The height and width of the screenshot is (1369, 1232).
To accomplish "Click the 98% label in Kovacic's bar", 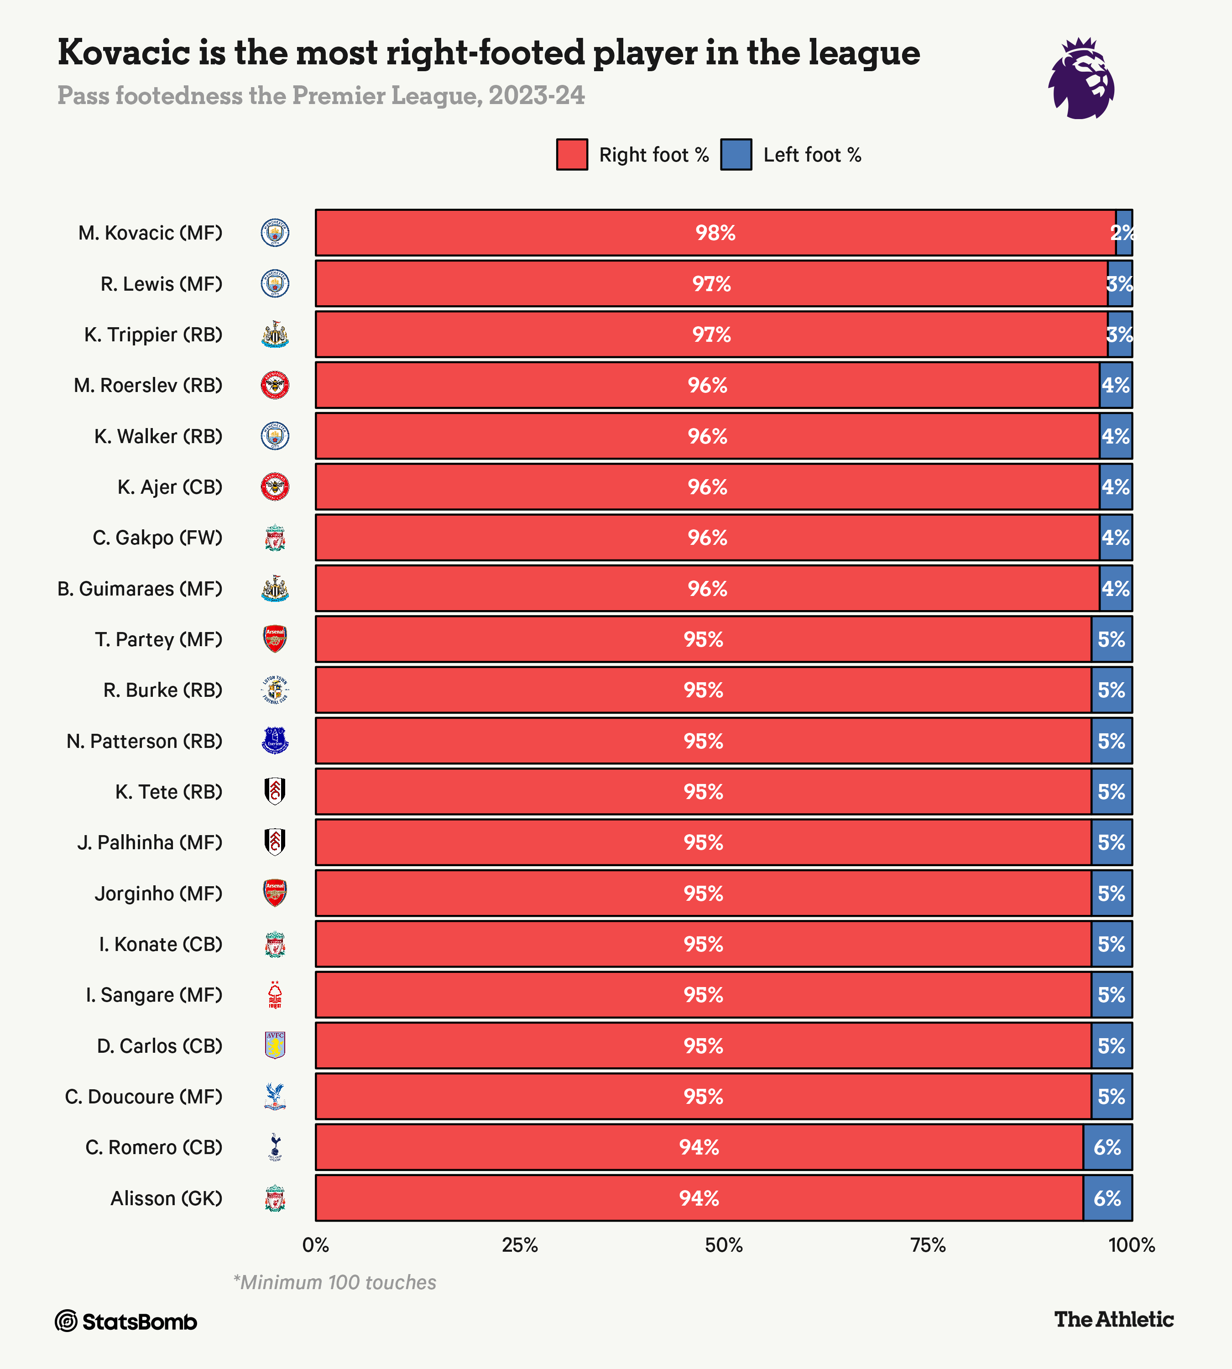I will click(715, 233).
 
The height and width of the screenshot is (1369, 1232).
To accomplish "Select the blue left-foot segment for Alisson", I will click(1107, 1198).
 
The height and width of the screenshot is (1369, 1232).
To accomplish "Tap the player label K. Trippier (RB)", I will click(153, 334).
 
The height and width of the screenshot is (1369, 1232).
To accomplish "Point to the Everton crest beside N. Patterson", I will click(275, 741).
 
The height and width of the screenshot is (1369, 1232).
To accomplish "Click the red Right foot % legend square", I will click(571, 154).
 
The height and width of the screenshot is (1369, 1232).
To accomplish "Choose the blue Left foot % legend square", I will click(736, 154).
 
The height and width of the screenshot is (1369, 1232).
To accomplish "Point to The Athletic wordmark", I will click(1113, 1319).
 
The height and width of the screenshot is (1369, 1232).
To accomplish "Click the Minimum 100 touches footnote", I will click(334, 1282).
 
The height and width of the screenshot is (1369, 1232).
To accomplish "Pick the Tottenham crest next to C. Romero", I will click(275, 1147).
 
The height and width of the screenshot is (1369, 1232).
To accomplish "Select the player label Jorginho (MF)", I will click(158, 894).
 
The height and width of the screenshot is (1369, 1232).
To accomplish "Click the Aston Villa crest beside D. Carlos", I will click(275, 1045).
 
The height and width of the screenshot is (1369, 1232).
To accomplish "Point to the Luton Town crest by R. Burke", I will click(275, 690).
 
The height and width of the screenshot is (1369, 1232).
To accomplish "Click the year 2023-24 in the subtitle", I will click(536, 95).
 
